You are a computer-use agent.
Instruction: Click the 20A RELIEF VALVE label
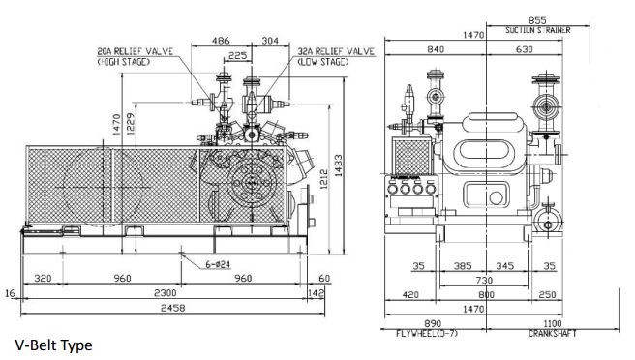pyautogui.click(x=136, y=51)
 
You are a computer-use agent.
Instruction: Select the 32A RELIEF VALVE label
pyautogui.click(x=336, y=51)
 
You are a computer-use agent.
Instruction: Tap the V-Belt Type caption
pyautogui.click(x=54, y=345)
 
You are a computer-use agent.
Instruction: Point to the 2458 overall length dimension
pyautogui.click(x=173, y=308)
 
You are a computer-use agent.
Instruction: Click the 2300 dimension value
pyautogui.click(x=166, y=293)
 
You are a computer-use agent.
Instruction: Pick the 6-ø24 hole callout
pyautogui.click(x=218, y=264)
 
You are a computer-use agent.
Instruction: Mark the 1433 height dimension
pyautogui.click(x=338, y=165)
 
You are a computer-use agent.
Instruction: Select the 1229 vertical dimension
pyautogui.click(x=131, y=123)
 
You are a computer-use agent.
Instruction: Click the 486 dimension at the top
pyautogui.click(x=221, y=41)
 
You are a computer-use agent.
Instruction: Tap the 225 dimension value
pyautogui.click(x=238, y=55)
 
